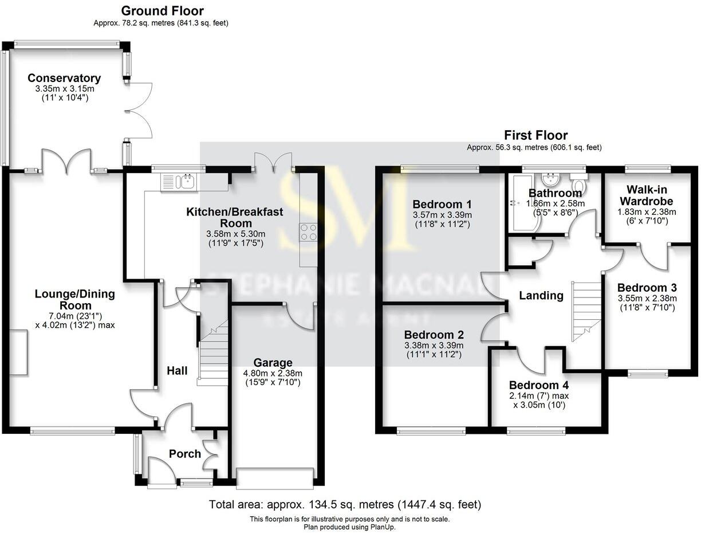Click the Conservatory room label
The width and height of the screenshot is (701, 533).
coord(64,78)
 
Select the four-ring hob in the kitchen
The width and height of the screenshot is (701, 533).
coord(309,232)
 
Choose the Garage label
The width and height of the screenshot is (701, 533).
coord(273,362)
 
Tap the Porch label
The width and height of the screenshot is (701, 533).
coord(185,454)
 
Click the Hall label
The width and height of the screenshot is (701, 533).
coord(177,371)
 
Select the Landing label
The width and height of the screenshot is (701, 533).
coord(541,296)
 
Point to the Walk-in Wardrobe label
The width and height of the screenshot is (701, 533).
coord(647,195)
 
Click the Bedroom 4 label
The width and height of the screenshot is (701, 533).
coord(539,385)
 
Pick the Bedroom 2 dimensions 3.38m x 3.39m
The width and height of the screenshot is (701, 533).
coord(434,345)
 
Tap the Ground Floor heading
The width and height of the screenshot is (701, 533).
coord(162,11)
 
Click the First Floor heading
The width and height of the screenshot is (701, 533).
coord(535,135)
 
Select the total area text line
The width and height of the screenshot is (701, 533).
coord(345,504)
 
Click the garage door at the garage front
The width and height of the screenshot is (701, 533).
coord(275,479)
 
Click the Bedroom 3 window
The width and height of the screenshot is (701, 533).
coord(647,373)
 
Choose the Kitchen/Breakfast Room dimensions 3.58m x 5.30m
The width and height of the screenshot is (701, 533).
coord(236,234)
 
